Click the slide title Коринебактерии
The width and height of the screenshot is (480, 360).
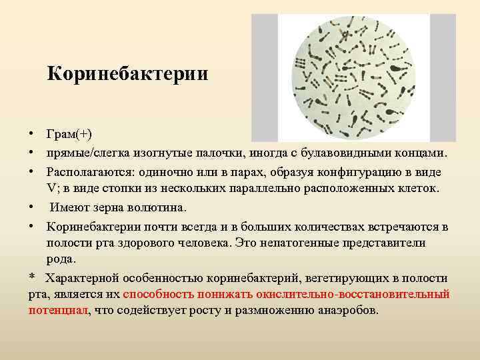coord(127,73)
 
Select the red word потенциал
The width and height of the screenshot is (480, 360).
coord(58,311)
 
